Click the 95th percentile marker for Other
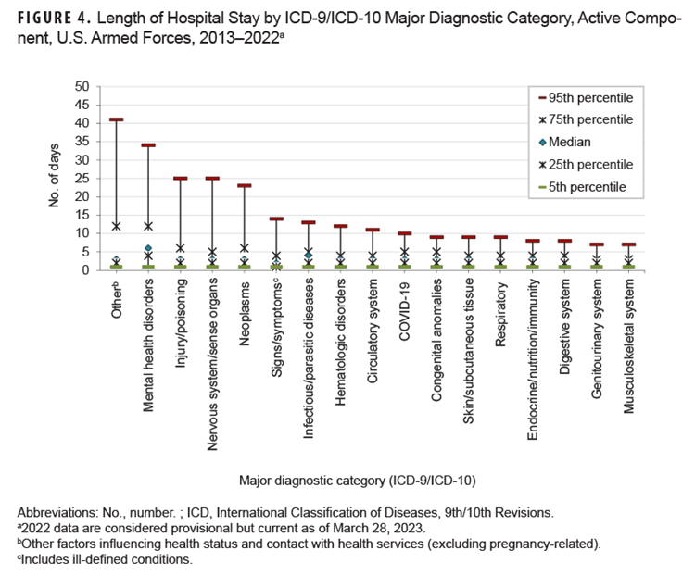click(116, 119)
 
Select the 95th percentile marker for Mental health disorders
click(148, 145)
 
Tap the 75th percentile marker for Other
click(116, 226)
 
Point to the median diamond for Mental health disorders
click(148, 248)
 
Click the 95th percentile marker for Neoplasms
click(245, 186)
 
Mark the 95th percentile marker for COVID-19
click(405, 233)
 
